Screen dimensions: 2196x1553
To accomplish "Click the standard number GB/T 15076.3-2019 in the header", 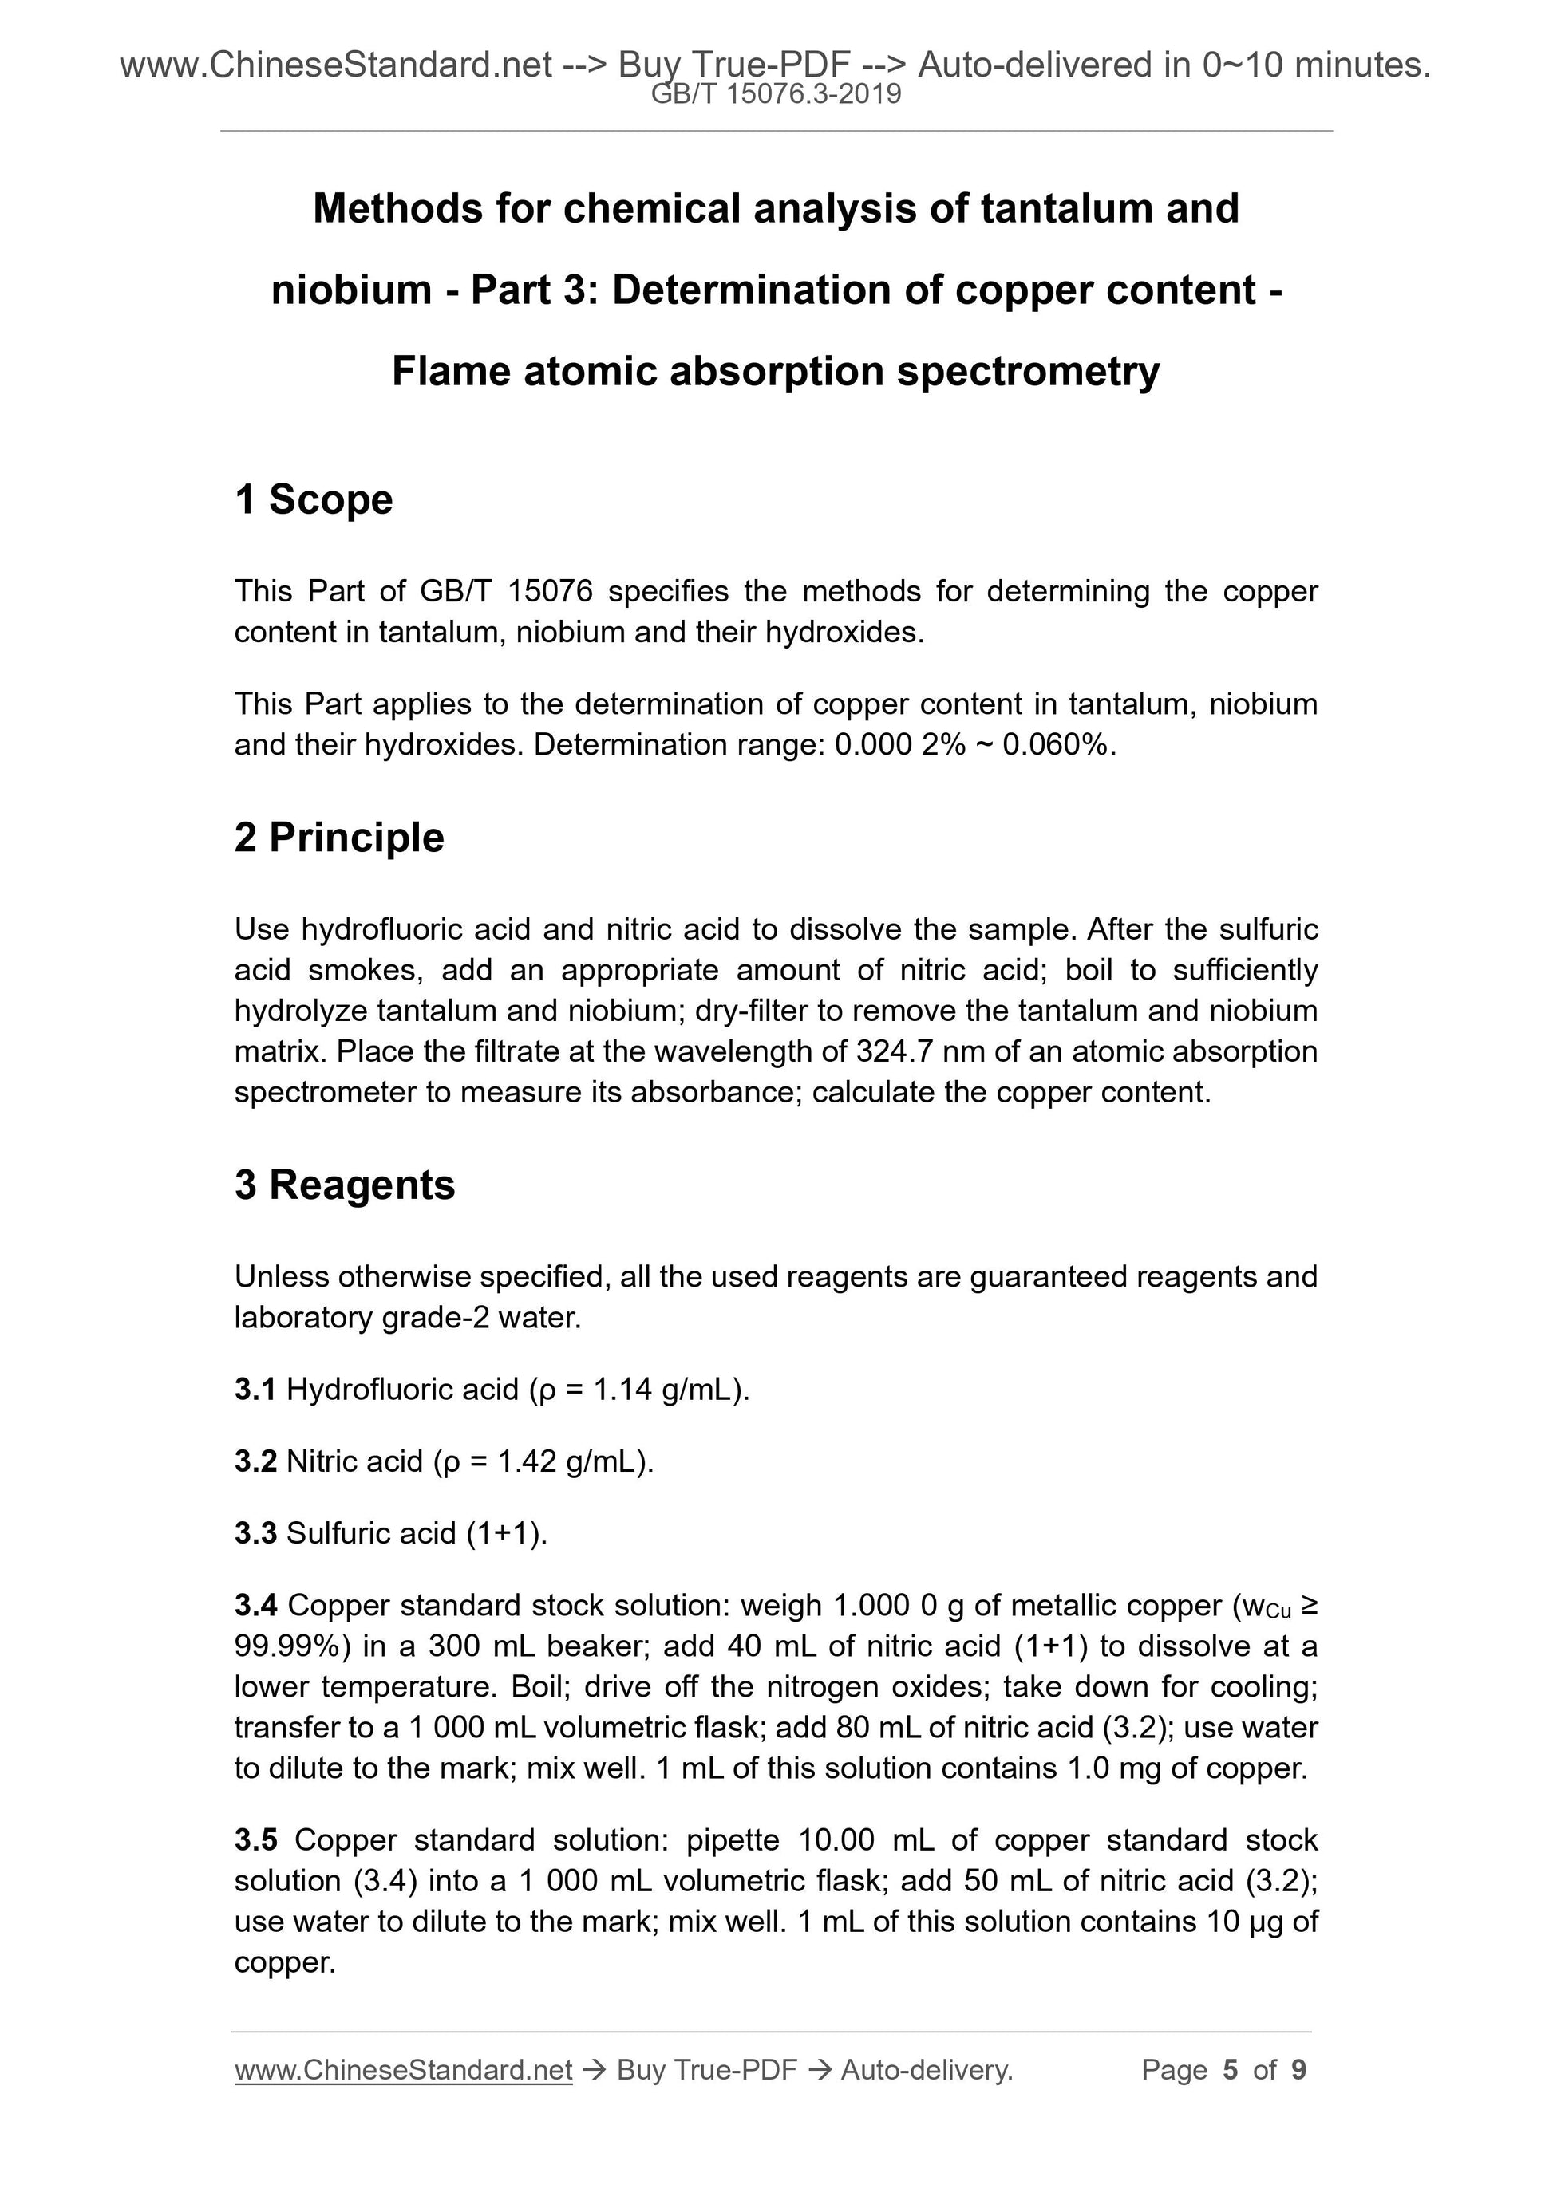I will coord(775,94).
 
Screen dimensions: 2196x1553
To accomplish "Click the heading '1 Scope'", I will coord(314,499).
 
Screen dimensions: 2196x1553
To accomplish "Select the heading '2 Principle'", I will coord(340,837).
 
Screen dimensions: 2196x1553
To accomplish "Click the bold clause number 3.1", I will coord(255,1389).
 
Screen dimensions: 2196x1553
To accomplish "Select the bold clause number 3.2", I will coord(255,1461).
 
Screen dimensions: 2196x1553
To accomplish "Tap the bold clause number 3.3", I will coord(255,1532).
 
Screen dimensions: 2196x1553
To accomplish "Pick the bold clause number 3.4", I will coord(255,1605).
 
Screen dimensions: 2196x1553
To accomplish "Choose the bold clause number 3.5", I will coord(255,1839).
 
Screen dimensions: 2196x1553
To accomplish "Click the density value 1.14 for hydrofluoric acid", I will coord(622,1389).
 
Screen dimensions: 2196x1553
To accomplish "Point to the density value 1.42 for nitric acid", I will coord(526,1461).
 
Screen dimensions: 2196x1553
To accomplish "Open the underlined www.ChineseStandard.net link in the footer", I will coord(403,2069).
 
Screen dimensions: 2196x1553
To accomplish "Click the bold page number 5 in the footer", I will coord(1230,2069).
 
